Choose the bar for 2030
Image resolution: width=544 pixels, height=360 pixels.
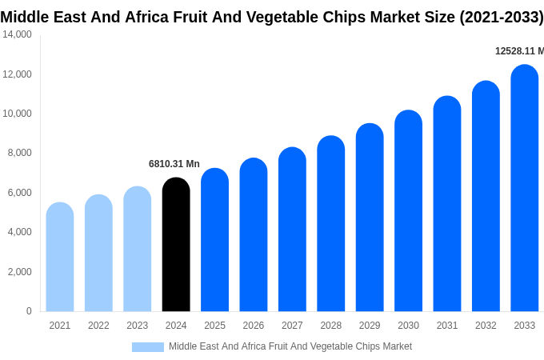coord(408,211)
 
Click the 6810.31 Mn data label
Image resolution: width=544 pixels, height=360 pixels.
coord(174,164)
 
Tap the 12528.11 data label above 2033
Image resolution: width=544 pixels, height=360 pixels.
coord(519,51)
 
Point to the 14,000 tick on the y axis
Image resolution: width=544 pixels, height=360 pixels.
coord(18,34)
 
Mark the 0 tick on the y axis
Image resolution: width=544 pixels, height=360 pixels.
coord(29,311)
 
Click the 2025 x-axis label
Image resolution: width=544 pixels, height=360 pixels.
coord(214,326)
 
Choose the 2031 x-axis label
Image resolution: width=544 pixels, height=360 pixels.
coord(447,326)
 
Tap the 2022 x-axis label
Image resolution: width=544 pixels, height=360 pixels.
coord(98,326)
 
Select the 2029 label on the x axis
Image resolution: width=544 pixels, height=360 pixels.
coord(370,326)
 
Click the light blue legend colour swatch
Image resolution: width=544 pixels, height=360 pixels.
coord(148,347)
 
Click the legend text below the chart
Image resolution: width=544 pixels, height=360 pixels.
coord(290,346)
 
